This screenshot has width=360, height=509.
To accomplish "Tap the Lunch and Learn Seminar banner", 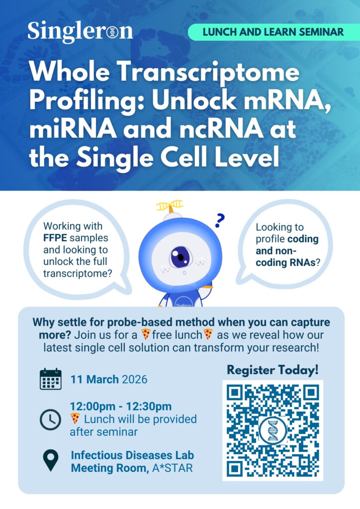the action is click(273, 32).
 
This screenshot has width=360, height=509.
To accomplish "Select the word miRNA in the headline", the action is click(73, 129).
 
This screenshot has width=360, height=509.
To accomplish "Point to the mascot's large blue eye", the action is click(180, 257).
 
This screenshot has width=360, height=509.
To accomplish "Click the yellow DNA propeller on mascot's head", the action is click(170, 206).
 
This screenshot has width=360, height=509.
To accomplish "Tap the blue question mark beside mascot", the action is click(220, 220).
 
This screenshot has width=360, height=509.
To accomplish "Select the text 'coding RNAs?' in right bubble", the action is click(288, 262).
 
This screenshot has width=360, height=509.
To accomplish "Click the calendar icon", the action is click(51, 379).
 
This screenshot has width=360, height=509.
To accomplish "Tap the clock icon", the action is click(50, 420).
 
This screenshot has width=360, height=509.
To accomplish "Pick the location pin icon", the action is click(51, 460).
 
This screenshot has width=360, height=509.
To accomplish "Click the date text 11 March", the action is click(94, 379).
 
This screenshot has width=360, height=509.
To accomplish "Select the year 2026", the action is click(134, 379).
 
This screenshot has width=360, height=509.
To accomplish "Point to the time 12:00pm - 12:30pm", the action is click(121, 406).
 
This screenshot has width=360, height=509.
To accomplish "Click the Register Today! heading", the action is click(272, 370).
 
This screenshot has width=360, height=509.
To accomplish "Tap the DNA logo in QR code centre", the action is click(272, 430).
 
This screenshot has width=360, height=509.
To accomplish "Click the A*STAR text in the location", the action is click(173, 468).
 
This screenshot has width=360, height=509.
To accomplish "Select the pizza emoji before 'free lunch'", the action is click(146, 335).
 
